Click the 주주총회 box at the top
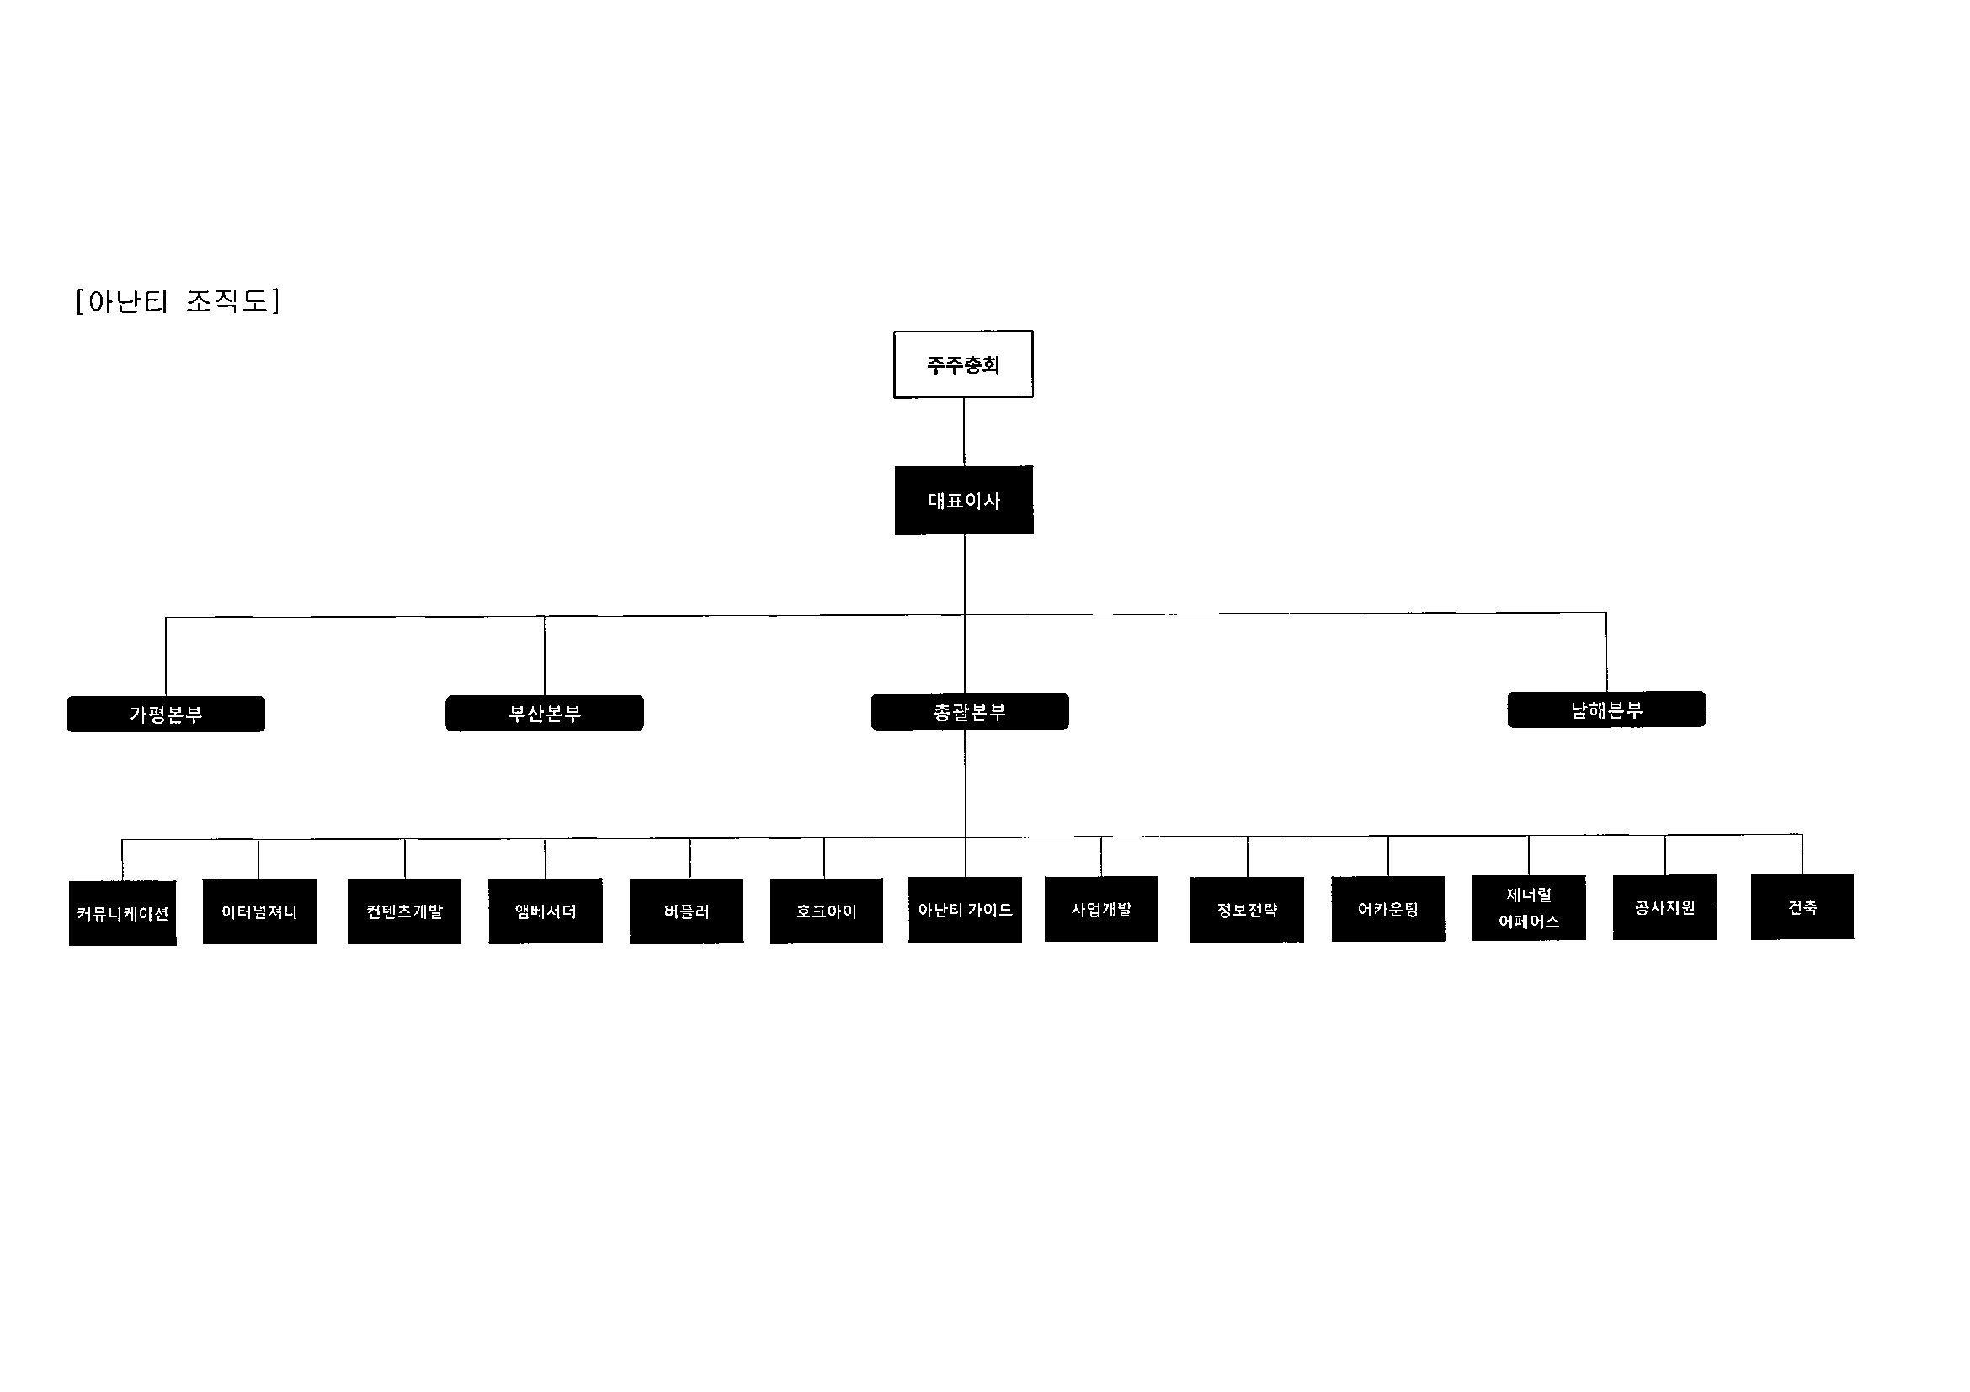point(963,364)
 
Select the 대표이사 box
point(964,501)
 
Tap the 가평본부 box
point(166,714)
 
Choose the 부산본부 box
point(545,713)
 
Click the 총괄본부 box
point(970,712)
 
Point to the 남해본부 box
point(1606,709)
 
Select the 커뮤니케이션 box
point(123,913)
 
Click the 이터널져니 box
point(259,911)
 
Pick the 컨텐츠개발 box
point(404,911)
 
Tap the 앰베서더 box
point(546,911)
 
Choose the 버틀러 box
point(686,911)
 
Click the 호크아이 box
point(826,911)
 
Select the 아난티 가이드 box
point(966,910)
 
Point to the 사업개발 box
point(1102,909)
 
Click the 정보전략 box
point(1247,909)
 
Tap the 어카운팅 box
point(1388,909)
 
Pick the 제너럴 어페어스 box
point(1529,908)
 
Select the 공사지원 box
point(1665,907)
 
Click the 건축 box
point(1802,907)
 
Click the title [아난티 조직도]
point(178,301)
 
